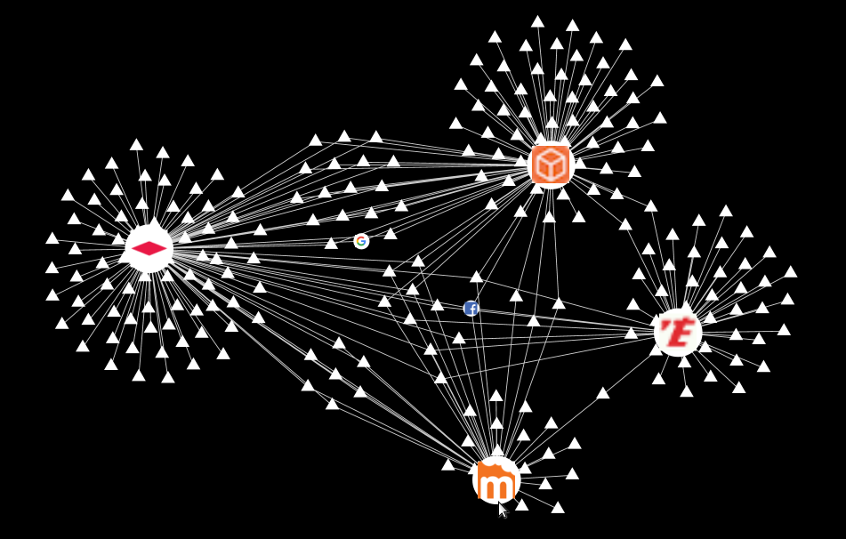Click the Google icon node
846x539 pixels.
pos(361,241)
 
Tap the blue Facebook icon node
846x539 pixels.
pos(471,309)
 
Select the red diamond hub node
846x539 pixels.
pos(149,248)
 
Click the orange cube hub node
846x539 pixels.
pos(551,165)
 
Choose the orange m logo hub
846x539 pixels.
pos(496,481)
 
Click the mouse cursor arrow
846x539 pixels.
pos(502,510)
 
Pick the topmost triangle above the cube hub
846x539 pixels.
pos(537,21)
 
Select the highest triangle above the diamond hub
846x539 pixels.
pos(136,144)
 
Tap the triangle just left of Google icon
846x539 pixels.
pos(331,243)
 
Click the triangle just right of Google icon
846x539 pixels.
pos(391,234)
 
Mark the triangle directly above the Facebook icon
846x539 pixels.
pos(477,277)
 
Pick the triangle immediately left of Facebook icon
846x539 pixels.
pos(437,305)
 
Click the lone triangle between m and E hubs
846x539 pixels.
pos(603,393)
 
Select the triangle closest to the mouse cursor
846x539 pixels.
pos(521,505)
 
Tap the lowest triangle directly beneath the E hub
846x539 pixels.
pos(686,390)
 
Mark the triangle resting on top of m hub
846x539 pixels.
pos(497,451)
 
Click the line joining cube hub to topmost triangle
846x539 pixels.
pos(544,89)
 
